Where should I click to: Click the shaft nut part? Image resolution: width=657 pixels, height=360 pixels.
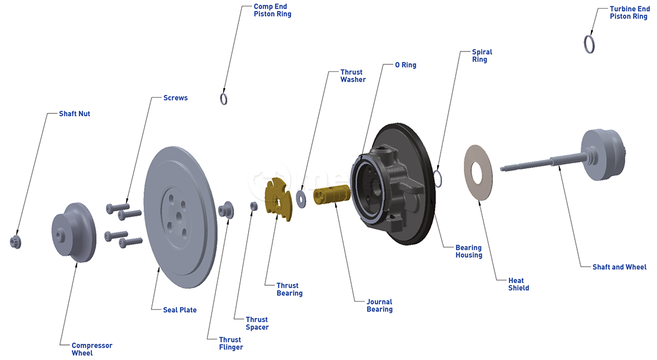16,241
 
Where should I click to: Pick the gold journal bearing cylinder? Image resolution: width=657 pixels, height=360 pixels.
331,194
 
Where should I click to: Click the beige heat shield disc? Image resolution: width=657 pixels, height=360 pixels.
478,172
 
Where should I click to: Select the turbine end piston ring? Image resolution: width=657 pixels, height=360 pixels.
590,44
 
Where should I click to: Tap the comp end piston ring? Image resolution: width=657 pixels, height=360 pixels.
224,98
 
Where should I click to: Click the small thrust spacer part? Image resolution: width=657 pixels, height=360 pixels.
253,206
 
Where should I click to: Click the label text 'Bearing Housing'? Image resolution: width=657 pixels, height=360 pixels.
468,251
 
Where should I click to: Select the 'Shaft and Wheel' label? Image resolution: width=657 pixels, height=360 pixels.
619,267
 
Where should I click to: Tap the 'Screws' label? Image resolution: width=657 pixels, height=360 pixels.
175,98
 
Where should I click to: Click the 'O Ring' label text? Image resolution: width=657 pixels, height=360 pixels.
405,65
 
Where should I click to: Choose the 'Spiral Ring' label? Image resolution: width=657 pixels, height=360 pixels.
482,56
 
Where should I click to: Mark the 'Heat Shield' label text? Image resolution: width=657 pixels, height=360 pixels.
518,284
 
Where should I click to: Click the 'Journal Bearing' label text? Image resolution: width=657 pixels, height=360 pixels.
379,305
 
